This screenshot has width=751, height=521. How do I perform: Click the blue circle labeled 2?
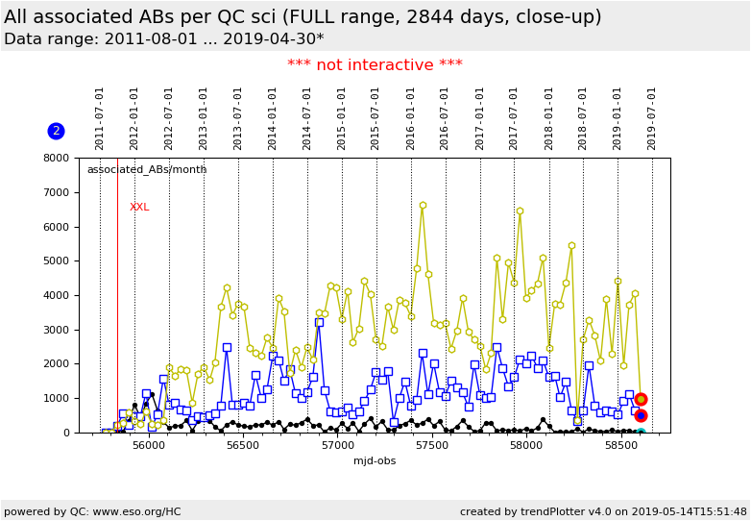tap(56, 131)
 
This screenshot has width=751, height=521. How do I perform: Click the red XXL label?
tap(139, 208)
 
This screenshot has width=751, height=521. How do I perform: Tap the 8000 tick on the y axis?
tap(56, 158)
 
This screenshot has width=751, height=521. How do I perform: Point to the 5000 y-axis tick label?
tap(56, 260)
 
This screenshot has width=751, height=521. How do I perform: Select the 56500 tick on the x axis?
tap(243, 446)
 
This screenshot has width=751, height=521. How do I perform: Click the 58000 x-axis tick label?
tap(526, 446)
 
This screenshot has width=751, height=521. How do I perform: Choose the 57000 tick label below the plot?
tap(337, 446)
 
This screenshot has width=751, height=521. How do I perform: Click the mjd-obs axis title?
tap(375, 461)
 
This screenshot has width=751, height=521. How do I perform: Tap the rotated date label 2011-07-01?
tap(100, 118)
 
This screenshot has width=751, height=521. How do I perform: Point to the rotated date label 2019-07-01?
tap(652, 118)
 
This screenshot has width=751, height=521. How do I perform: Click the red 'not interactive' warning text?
tap(375, 65)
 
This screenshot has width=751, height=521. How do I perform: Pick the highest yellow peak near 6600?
tap(423, 206)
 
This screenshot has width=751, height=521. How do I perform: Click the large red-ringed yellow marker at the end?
tap(641, 399)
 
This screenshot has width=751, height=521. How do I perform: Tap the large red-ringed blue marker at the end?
tap(641, 415)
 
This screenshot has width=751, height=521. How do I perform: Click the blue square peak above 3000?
tap(319, 322)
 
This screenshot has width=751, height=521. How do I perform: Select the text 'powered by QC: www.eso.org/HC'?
tap(92, 511)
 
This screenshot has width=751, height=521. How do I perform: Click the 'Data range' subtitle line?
tap(163, 39)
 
